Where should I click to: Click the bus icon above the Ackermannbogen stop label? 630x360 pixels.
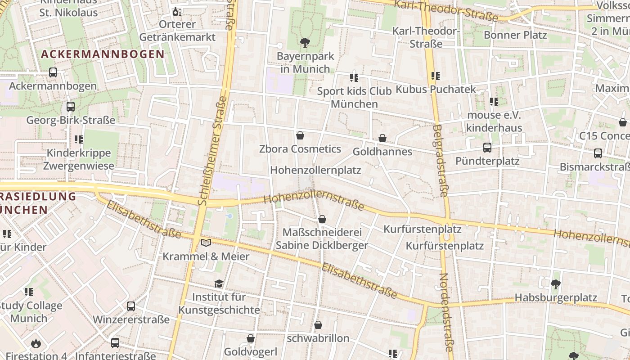(x=53, y=72)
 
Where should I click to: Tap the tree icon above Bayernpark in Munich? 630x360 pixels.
(x=305, y=43)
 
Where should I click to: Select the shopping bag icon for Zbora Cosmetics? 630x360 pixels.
(x=300, y=135)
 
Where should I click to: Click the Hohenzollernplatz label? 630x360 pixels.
(x=315, y=170)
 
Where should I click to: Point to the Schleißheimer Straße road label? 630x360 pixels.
(x=211, y=150)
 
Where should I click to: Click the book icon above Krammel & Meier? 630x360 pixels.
(x=206, y=243)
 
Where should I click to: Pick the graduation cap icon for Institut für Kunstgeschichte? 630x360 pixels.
(x=219, y=283)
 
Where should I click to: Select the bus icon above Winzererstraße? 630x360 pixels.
(x=131, y=306)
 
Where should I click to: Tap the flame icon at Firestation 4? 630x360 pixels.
(x=36, y=344)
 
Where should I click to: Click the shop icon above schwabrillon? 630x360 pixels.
(x=318, y=325)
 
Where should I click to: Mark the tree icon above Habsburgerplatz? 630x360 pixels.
(x=556, y=284)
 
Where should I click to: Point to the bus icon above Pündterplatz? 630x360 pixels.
(x=487, y=148)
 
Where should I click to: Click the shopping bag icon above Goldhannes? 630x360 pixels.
(x=382, y=138)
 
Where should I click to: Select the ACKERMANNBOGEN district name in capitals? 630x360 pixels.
(x=103, y=54)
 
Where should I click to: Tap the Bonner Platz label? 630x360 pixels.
(x=515, y=35)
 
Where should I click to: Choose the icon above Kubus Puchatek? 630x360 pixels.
(x=435, y=76)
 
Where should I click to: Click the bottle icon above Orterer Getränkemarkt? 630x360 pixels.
(x=177, y=11)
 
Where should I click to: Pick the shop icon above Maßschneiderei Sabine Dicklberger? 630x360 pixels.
(x=322, y=219)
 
